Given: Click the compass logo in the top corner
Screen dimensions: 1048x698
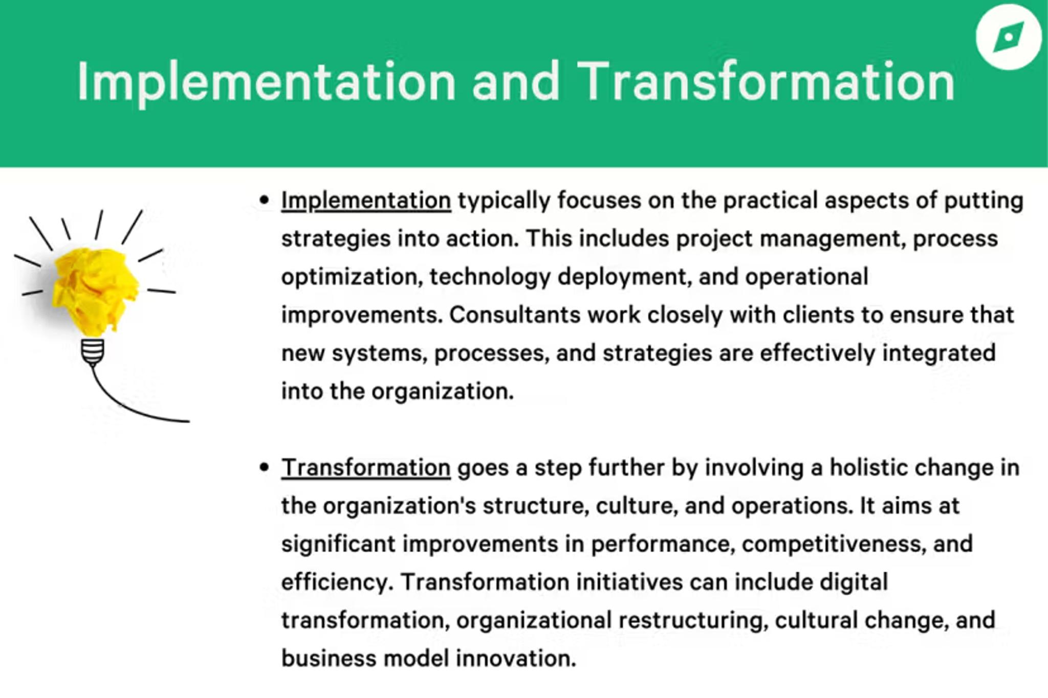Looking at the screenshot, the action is point(1008,37).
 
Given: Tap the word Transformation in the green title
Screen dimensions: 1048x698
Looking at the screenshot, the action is point(766,81).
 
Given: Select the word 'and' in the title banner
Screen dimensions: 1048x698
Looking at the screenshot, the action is point(516,82).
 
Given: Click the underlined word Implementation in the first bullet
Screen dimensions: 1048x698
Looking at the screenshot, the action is point(366,201).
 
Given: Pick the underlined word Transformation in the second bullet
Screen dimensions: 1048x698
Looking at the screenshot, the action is point(366,468).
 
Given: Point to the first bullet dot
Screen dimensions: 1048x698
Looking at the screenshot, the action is point(264,200).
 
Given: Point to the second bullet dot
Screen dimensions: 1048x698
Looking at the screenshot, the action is point(264,467).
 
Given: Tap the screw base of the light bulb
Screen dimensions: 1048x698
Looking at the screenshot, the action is point(93,352).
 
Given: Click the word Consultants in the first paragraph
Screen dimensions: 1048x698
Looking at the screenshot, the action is point(515,315).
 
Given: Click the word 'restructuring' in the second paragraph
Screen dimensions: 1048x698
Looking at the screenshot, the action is point(693,621).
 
